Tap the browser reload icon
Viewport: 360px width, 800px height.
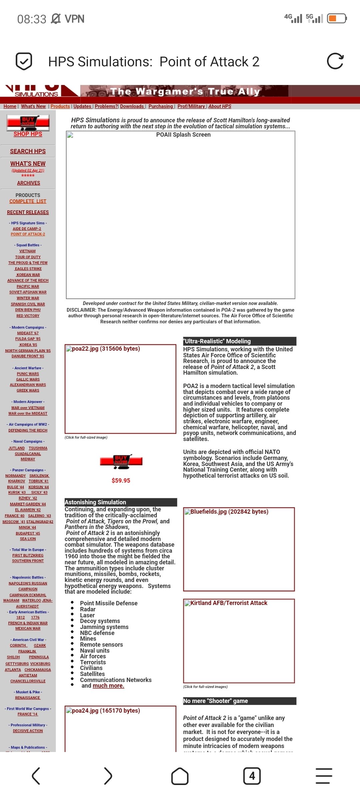pyautogui.click(x=335, y=61)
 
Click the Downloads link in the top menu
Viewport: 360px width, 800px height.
pyautogui.click(x=132, y=106)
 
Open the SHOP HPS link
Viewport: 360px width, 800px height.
pyautogui.click(x=28, y=134)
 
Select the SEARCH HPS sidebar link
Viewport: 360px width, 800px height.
pyautogui.click(x=28, y=151)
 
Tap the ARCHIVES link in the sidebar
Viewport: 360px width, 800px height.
pyautogui.click(x=29, y=183)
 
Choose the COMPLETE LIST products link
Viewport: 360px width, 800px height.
pyautogui.click(x=28, y=201)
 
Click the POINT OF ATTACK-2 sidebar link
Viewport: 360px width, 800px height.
pyautogui.click(x=28, y=234)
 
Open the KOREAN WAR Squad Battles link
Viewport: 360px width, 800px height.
pyautogui.click(x=28, y=275)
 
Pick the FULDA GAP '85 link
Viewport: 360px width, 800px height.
pyautogui.click(x=28, y=339)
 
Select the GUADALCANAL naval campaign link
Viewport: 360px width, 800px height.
pyautogui.click(x=28, y=454)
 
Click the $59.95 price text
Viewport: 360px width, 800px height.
pyautogui.click(x=121, y=481)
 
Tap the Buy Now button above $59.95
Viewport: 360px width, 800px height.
pyautogui.click(x=121, y=461)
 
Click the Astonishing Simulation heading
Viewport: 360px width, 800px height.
pyautogui.click(x=96, y=502)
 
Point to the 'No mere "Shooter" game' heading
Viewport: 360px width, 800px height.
pyautogui.click(x=216, y=701)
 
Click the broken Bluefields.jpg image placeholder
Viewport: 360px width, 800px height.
pyautogui.click(x=239, y=549)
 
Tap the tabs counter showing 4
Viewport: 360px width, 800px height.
pyautogui.click(x=252, y=776)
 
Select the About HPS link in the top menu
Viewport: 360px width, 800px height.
pyautogui.click(x=220, y=106)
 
